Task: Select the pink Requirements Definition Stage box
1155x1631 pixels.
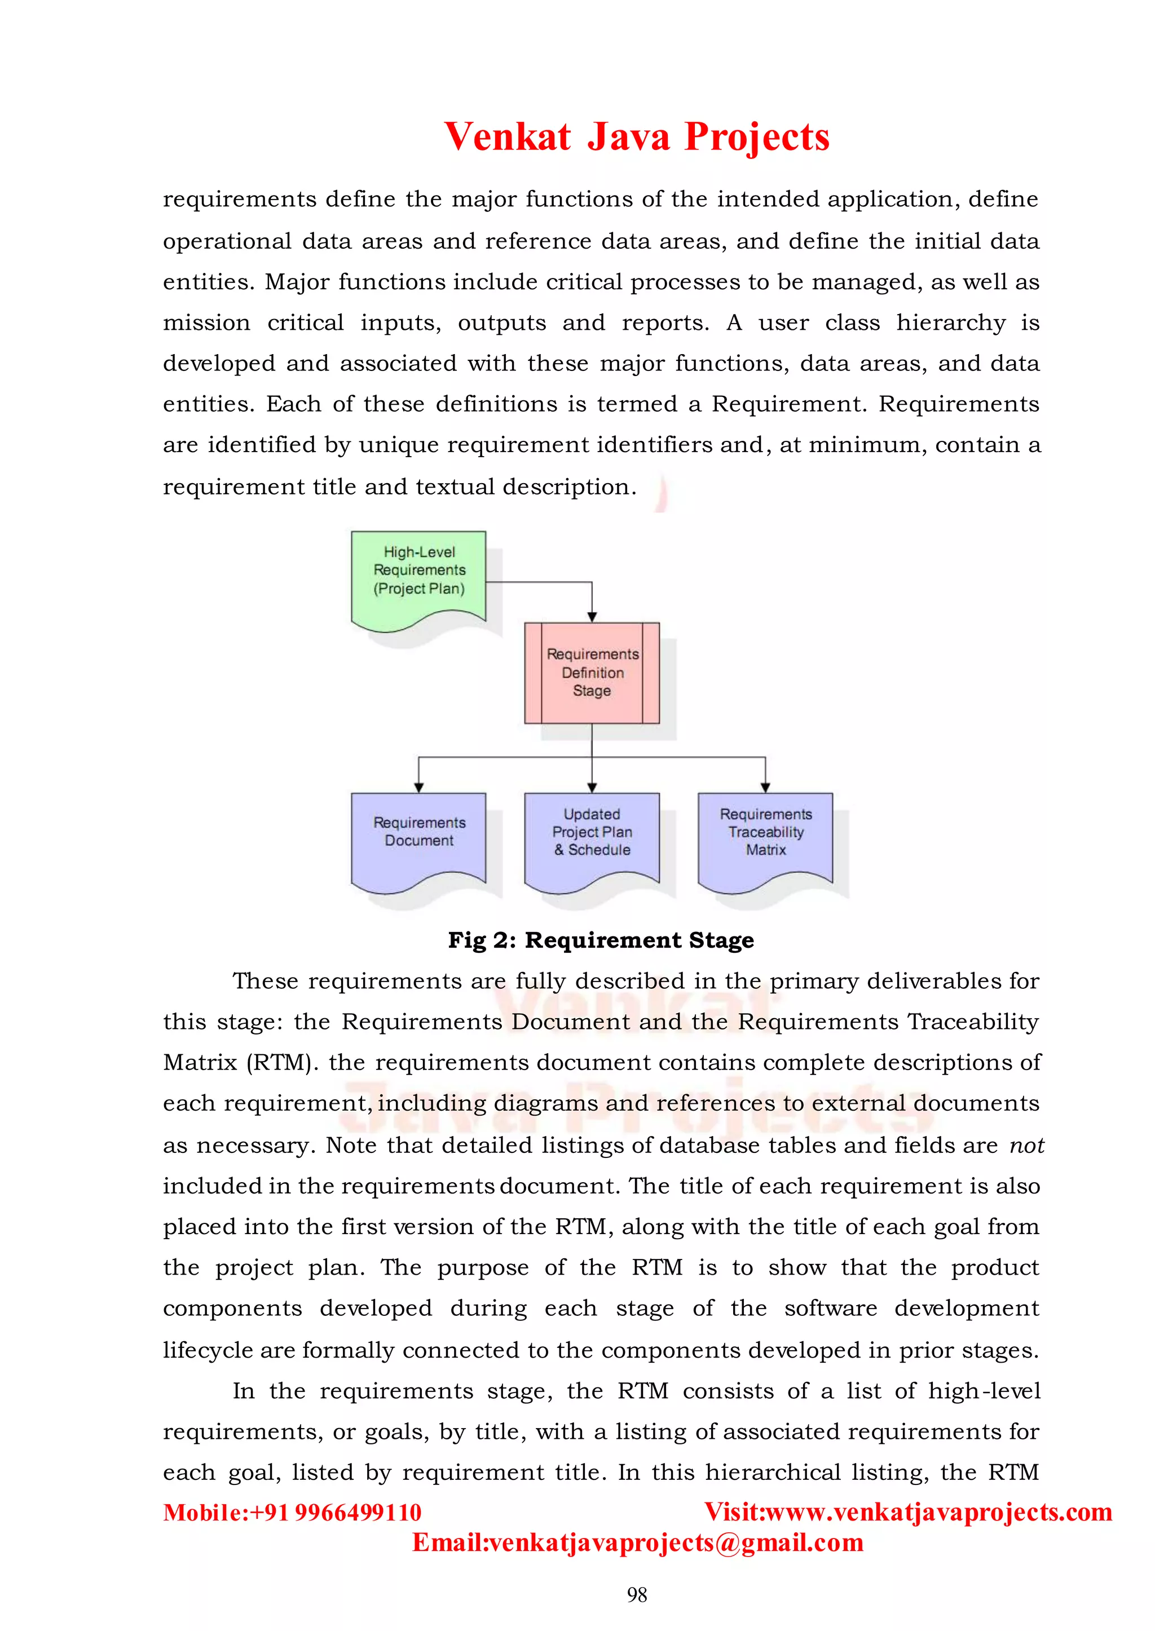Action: click(592, 673)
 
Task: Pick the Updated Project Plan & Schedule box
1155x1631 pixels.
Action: click(592, 836)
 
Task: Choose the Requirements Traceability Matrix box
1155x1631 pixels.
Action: click(765, 836)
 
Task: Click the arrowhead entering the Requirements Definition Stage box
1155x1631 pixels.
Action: click(592, 616)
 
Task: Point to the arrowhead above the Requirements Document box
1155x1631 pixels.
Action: click(419, 787)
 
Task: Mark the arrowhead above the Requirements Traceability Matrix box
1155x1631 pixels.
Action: click(765, 787)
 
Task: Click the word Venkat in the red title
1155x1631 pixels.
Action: click(507, 136)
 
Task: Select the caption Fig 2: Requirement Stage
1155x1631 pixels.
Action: click(601, 940)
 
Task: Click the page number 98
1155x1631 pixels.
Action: click(637, 1595)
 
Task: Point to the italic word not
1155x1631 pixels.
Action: click(1026, 1146)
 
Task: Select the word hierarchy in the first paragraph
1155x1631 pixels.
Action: click(950, 323)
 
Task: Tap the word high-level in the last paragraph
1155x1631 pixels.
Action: click(984, 1391)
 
